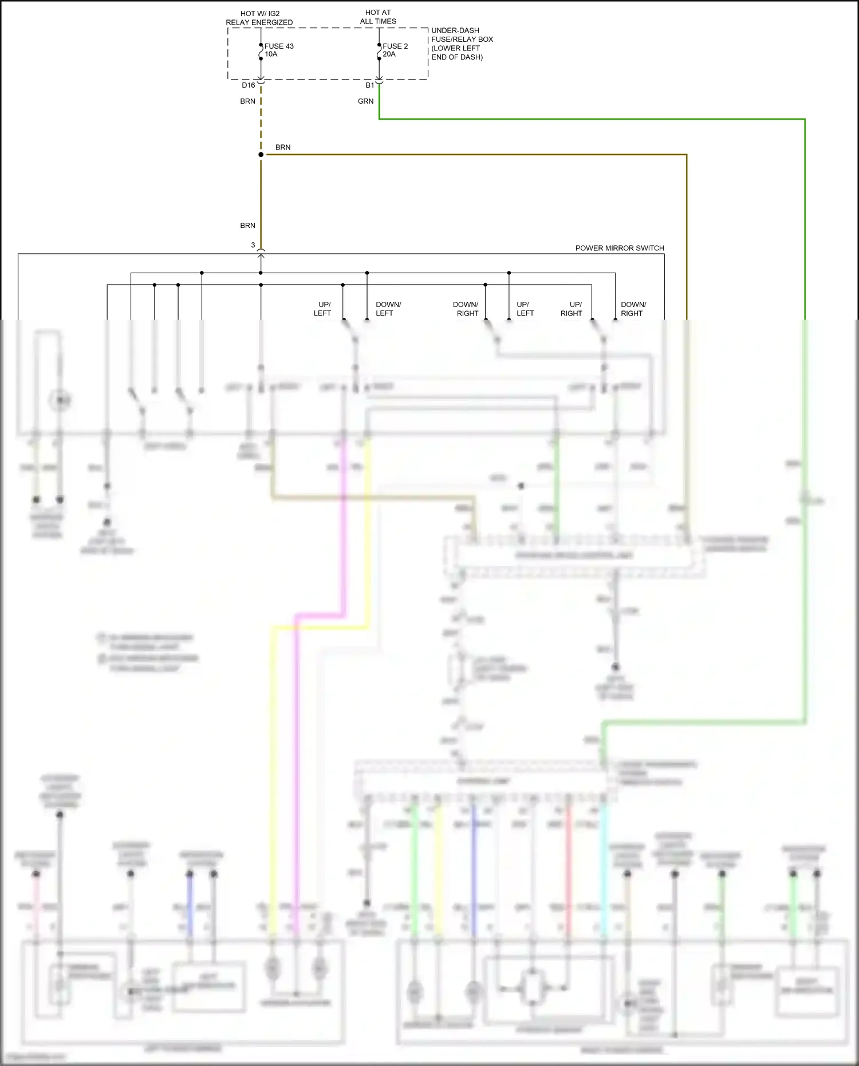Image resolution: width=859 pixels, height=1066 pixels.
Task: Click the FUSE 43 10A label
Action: click(x=278, y=50)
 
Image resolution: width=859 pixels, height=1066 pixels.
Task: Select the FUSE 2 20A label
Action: click(x=395, y=50)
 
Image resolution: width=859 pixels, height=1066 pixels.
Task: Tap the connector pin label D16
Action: click(x=248, y=85)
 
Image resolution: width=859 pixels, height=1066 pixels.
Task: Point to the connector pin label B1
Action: click(x=369, y=85)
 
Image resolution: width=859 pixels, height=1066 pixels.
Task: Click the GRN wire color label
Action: click(x=365, y=101)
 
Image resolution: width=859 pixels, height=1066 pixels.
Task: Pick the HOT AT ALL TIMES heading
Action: click(x=378, y=17)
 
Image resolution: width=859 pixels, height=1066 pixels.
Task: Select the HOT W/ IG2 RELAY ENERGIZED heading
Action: click(x=259, y=18)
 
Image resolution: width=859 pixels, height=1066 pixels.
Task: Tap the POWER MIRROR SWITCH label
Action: click(x=619, y=248)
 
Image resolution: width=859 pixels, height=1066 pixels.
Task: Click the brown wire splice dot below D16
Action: click(x=261, y=155)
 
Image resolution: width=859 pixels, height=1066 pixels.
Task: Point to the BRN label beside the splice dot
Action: click(x=282, y=147)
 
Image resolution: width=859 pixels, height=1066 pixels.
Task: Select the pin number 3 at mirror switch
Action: click(x=253, y=245)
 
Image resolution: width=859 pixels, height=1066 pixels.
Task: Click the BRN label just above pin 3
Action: click(x=247, y=226)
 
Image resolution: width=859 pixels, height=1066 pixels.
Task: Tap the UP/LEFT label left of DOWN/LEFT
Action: click(x=323, y=309)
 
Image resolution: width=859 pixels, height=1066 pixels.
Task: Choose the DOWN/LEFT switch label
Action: click(x=388, y=309)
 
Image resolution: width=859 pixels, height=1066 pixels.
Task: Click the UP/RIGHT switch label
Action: click(x=572, y=309)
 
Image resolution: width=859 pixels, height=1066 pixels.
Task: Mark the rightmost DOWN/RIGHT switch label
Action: click(x=633, y=309)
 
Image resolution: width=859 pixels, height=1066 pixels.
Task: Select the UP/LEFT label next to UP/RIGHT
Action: click(x=525, y=309)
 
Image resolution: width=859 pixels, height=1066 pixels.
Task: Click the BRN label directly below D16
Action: click(x=247, y=101)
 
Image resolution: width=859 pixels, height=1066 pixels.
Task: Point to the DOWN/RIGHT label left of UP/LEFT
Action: click(x=466, y=309)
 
